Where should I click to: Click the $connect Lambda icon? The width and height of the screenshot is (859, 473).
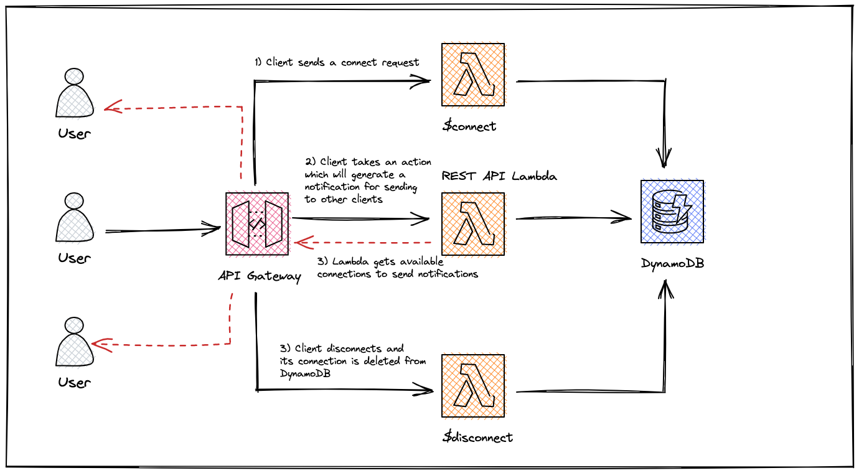click(x=472, y=75)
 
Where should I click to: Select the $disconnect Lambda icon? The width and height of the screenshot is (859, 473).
click(x=472, y=386)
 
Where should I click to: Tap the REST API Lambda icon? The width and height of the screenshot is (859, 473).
click(x=472, y=223)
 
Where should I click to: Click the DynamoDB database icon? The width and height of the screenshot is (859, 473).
click(x=672, y=212)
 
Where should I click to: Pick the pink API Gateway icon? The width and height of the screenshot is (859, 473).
click(x=257, y=223)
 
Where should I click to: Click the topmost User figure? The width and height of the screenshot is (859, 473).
click(x=75, y=93)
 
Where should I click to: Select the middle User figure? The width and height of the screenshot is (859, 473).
click(x=75, y=218)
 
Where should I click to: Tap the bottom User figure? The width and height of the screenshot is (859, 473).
click(x=75, y=342)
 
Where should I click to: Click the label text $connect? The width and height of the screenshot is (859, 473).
click(x=469, y=126)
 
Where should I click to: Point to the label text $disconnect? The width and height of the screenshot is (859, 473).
click(x=477, y=437)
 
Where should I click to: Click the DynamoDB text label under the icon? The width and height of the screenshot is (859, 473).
click(x=672, y=263)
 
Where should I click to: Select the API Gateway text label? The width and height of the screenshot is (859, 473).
click(x=260, y=276)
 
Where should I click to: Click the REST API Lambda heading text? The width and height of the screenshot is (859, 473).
click(x=499, y=176)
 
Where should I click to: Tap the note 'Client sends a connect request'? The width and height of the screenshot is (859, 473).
click(x=337, y=62)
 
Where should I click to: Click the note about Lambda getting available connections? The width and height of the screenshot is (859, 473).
click(x=397, y=268)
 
